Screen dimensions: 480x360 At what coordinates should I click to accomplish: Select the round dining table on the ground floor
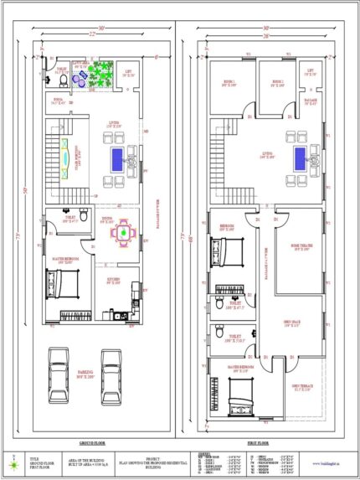[122, 233]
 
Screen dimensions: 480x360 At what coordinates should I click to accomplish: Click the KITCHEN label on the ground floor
[119, 279]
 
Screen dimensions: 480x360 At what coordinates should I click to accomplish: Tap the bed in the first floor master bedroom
[243, 390]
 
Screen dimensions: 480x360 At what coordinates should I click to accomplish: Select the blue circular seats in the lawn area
[80, 76]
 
